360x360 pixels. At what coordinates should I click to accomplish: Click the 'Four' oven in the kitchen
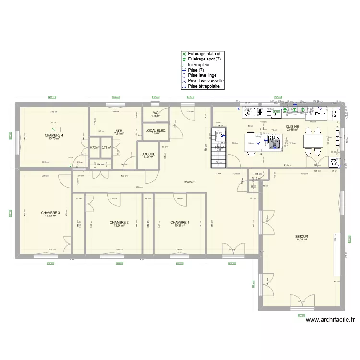[x=320, y=114]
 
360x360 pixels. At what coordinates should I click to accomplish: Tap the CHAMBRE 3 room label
[x=50, y=212]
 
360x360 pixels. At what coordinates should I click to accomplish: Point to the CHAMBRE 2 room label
[x=119, y=222]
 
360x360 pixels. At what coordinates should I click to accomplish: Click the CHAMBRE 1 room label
[x=180, y=222]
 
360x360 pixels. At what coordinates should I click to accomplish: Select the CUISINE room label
[x=292, y=127]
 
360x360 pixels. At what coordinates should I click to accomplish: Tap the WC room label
[x=156, y=113]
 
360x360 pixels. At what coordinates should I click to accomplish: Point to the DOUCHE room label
[x=148, y=154]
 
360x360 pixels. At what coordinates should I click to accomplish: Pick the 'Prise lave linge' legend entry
[x=202, y=75]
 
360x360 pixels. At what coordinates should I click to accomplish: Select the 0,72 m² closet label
[x=94, y=147]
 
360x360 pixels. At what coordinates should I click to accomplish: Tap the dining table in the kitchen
[x=314, y=142]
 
